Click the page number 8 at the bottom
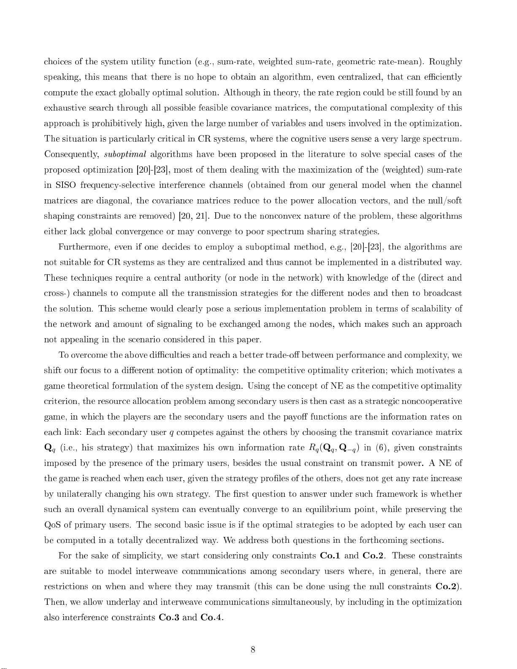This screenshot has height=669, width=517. (252, 650)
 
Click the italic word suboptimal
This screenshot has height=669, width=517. (125, 154)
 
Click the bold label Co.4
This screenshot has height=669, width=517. (211, 618)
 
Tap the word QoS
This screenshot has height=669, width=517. (52, 525)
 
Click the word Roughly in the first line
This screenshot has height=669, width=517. (445, 62)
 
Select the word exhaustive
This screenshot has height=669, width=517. (65, 108)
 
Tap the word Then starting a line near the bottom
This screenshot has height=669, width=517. (53, 602)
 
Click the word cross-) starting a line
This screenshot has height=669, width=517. (55, 293)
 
